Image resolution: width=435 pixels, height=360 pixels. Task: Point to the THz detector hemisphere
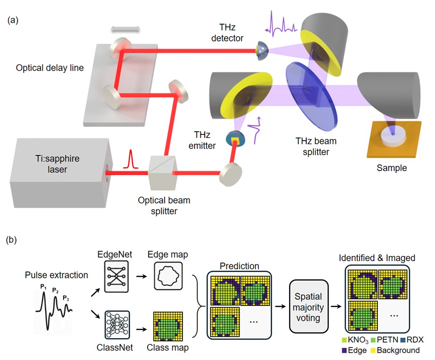pyautogui.click(x=261, y=50)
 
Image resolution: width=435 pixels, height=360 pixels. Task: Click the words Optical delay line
pyautogui.click(x=50, y=68)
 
